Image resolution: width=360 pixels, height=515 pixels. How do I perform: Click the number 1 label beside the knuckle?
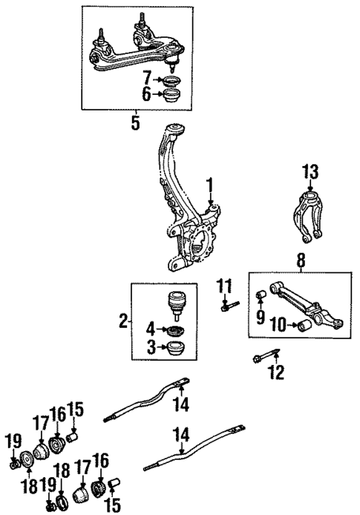210,184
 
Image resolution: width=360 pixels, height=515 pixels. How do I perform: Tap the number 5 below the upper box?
134,122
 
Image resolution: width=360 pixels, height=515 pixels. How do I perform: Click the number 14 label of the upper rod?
181,404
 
